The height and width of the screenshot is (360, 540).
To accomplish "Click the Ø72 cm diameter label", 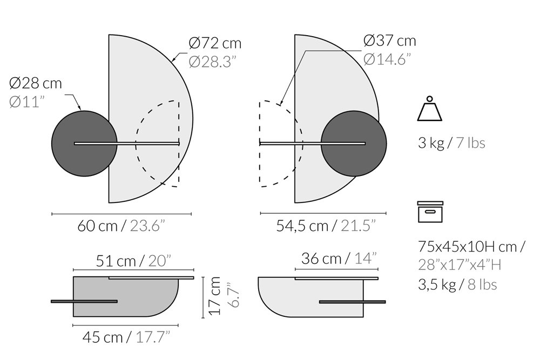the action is pyautogui.click(x=215, y=43).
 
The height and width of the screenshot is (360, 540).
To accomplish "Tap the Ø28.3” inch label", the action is pyautogui.click(x=213, y=62).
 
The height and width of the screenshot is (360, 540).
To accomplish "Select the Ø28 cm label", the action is pyautogui.click(x=36, y=83).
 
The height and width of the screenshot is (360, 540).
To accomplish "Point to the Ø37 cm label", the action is pyautogui.click(x=390, y=41).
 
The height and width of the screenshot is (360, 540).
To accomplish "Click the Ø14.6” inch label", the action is pyautogui.click(x=387, y=59).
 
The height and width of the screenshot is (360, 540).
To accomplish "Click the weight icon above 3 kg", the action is pyautogui.click(x=429, y=108).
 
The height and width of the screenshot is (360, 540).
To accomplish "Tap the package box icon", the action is pyautogui.click(x=430, y=212).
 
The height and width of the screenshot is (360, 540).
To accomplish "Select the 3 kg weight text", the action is pyautogui.click(x=431, y=142).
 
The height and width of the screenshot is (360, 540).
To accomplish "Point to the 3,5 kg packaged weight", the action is pyautogui.click(x=437, y=284).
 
